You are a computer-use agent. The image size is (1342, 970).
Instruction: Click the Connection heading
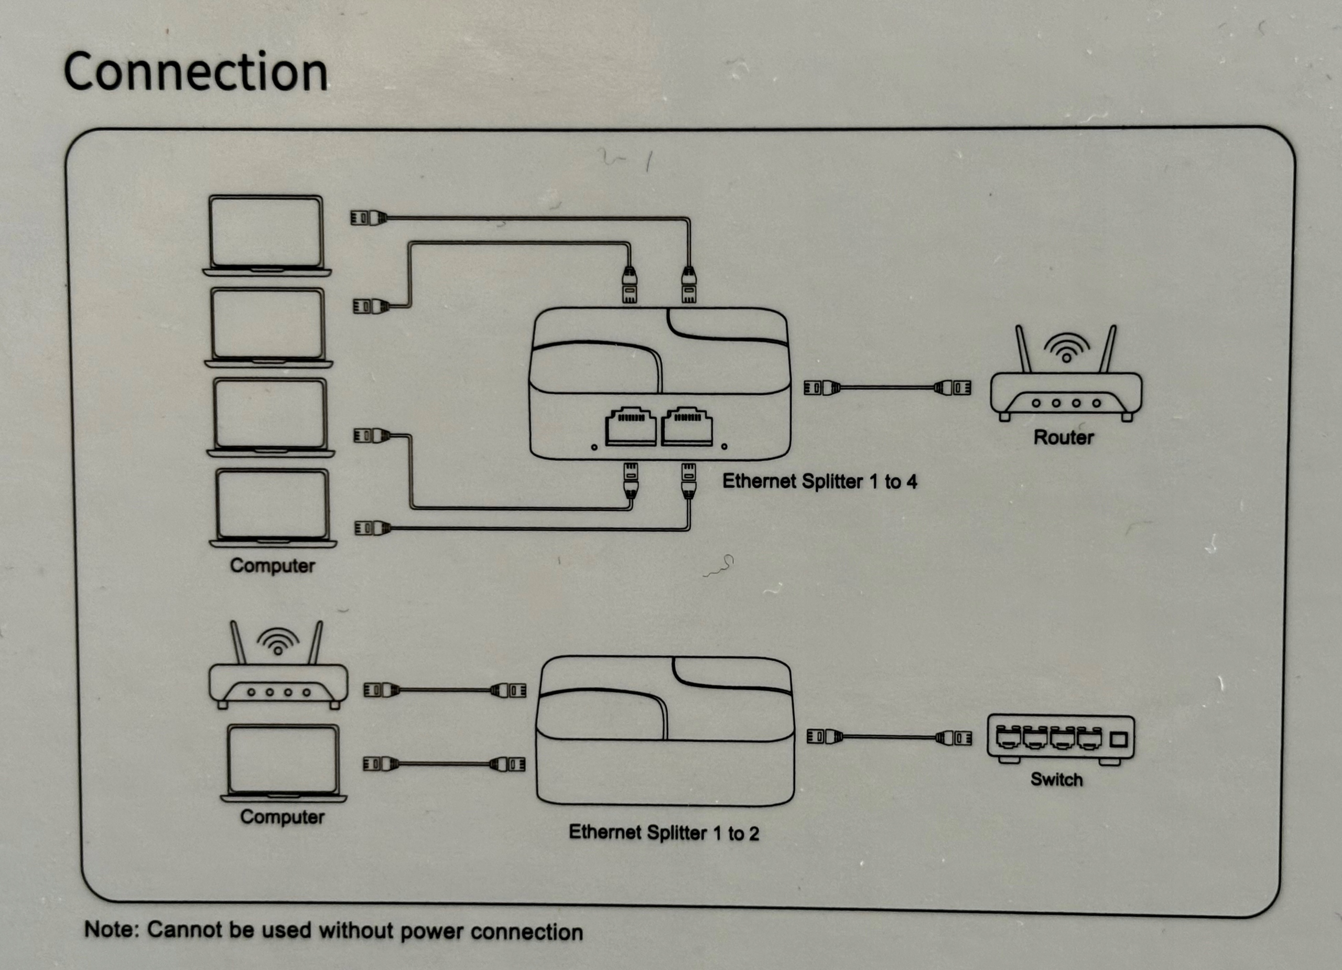[x=195, y=72]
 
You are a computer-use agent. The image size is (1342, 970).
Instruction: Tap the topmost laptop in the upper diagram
[x=267, y=235]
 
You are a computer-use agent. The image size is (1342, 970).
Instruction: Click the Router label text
[x=1063, y=437]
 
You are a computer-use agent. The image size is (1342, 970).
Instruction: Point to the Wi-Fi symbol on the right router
[x=1066, y=348]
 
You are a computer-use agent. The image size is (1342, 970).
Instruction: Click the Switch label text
[x=1057, y=780]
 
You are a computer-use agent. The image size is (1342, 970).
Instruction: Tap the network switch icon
[x=1060, y=739]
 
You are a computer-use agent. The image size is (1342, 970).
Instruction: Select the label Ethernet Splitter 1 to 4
[x=819, y=481]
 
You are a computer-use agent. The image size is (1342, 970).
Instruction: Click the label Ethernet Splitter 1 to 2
[x=663, y=833]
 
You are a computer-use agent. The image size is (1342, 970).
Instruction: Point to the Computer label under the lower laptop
[x=282, y=817]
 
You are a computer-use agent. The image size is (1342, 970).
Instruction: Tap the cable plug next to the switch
[x=955, y=737]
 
